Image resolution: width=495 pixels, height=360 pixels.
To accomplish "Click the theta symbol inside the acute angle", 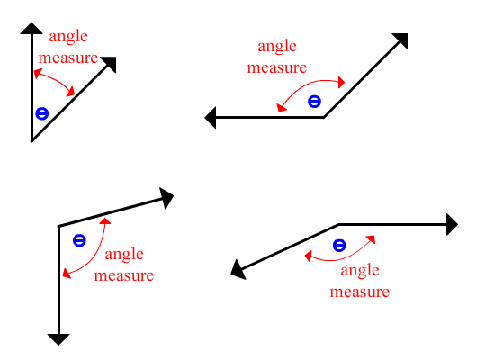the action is click(x=42, y=113).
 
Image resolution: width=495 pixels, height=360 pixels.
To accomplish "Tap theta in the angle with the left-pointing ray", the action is click(x=314, y=102).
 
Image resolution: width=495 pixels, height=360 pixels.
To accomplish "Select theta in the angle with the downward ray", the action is click(x=79, y=240).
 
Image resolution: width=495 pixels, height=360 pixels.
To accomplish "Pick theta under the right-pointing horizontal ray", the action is click(x=339, y=246).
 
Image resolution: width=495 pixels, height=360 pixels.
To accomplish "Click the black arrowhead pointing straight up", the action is click(x=31, y=29).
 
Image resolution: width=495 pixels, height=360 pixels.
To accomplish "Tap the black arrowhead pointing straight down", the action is click(x=58, y=339).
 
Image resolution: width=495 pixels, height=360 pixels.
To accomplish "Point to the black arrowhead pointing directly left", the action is click(x=211, y=118).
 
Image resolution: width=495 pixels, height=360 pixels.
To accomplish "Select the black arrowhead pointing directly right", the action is click(x=452, y=224).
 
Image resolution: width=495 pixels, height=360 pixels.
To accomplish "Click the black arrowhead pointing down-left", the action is click(x=238, y=270).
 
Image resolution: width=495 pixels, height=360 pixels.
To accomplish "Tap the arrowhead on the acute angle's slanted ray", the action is click(x=110, y=64).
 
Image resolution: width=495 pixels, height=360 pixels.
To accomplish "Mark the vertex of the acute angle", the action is click(x=31, y=140).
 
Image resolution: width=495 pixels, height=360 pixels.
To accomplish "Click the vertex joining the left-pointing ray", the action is click(x=324, y=117).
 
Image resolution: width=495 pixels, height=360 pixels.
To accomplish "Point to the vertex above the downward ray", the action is click(x=59, y=226).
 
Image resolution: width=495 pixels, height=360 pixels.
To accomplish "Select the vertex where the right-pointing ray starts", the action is click(x=338, y=224).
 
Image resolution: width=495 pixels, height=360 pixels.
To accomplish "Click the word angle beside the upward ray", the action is click(x=68, y=37).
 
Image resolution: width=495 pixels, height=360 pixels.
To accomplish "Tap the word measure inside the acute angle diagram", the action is click(x=68, y=58).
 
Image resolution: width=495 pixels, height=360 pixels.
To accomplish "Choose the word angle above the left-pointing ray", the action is click(x=277, y=47).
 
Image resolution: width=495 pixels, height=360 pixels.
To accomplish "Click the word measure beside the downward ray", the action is click(x=124, y=275).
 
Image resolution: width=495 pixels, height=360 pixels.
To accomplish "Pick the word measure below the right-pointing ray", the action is click(x=360, y=292).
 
